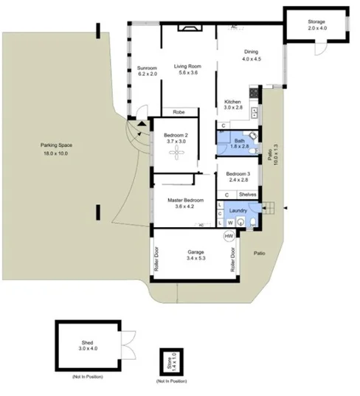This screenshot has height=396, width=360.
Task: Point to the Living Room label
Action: (x=187, y=67)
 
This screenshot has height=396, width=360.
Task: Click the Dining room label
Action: (x=252, y=52)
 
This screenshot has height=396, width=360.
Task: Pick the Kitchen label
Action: (x=233, y=101)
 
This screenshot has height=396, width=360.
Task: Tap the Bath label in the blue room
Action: (x=239, y=141)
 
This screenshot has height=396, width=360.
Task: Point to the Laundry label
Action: (x=238, y=210)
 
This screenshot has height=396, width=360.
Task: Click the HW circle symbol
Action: (x=229, y=236)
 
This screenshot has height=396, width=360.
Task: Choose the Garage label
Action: (x=195, y=253)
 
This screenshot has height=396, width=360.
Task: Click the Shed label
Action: (x=87, y=343)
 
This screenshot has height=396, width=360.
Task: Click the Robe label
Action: (x=179, y=112)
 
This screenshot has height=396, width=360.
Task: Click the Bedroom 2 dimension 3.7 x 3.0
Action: (x=177, y=141)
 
